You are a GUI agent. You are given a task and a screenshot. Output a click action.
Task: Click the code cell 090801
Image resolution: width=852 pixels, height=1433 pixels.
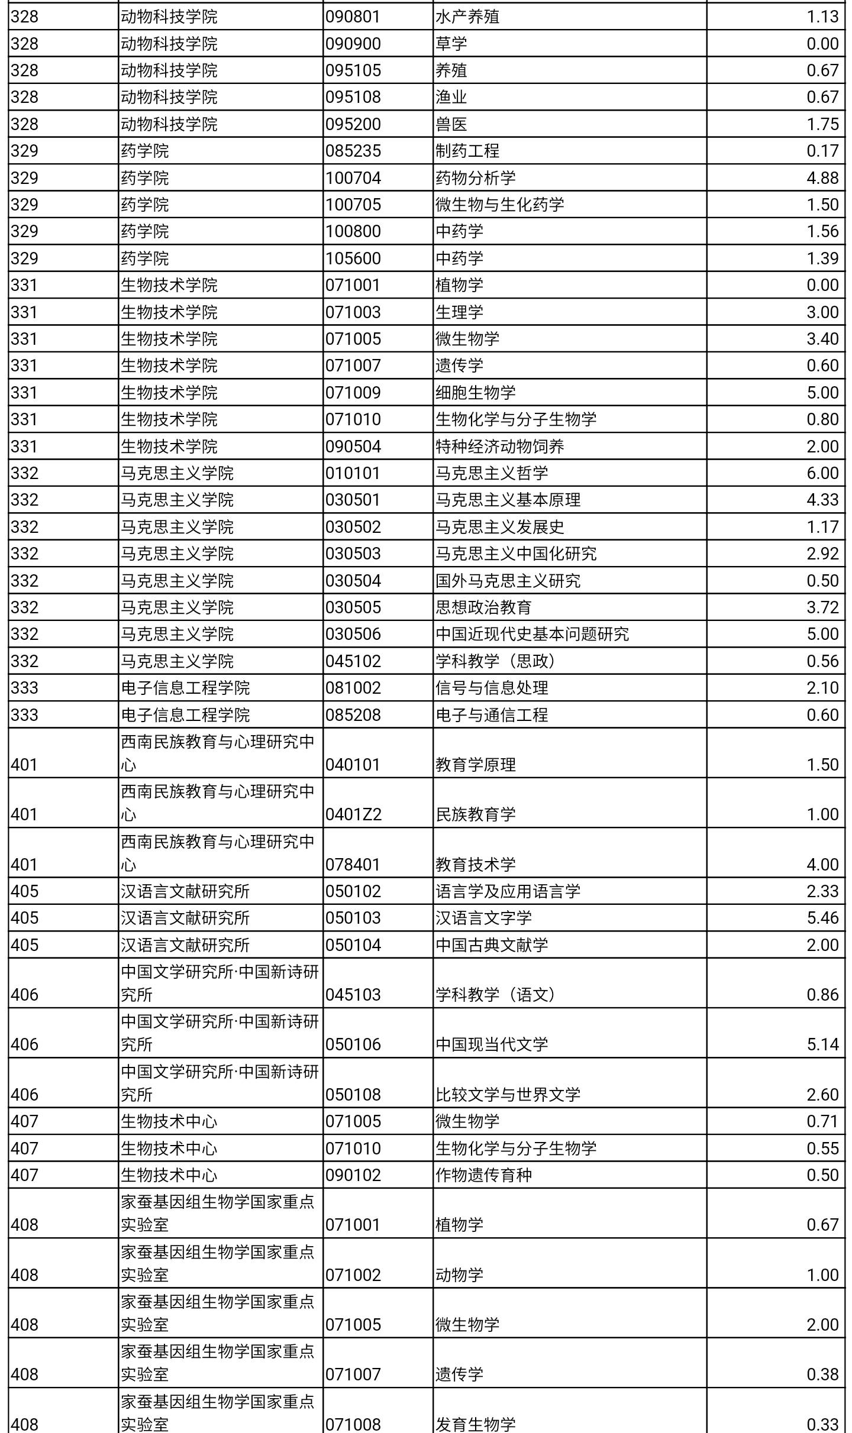353,17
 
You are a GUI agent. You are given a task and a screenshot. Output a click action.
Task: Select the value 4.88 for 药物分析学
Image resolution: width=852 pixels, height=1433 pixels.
822,177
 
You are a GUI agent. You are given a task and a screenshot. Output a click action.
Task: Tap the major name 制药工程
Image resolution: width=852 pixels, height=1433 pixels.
467,151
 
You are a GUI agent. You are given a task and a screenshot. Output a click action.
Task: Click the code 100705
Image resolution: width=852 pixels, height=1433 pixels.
353,205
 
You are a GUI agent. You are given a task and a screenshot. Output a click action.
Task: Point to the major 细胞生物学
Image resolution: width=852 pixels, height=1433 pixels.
475,393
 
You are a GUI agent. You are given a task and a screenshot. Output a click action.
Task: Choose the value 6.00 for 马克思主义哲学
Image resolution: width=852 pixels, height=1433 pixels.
822,473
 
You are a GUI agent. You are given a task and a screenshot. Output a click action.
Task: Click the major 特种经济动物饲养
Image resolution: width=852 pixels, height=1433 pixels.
499,447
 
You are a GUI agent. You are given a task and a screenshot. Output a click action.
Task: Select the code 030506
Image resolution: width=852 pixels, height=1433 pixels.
353,634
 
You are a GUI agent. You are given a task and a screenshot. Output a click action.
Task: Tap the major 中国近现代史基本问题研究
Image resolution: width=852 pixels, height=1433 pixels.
532,634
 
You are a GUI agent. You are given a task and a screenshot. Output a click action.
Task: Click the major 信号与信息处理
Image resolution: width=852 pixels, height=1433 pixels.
491,688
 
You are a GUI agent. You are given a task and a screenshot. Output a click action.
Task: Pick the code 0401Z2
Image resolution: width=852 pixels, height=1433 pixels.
353,814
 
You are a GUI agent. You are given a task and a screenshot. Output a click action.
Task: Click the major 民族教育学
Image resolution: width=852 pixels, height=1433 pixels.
475,814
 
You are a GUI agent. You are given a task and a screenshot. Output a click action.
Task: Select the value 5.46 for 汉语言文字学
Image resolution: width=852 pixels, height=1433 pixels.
822,918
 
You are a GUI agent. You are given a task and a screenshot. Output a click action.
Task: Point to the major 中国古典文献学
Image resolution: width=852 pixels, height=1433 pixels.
491,944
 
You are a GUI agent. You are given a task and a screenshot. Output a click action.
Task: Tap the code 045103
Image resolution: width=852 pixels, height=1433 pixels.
353,994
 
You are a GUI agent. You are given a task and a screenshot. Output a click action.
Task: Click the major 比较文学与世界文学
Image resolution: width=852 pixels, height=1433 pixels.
508,1094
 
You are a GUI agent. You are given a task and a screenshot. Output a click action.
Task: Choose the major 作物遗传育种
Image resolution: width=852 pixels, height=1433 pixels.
483,1175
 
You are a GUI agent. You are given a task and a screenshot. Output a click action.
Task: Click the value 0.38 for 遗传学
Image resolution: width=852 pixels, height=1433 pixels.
822,1374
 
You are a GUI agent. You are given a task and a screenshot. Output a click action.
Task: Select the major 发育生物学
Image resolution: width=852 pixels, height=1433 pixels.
475,1424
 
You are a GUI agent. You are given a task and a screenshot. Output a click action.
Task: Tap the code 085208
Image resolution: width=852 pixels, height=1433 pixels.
353,715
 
